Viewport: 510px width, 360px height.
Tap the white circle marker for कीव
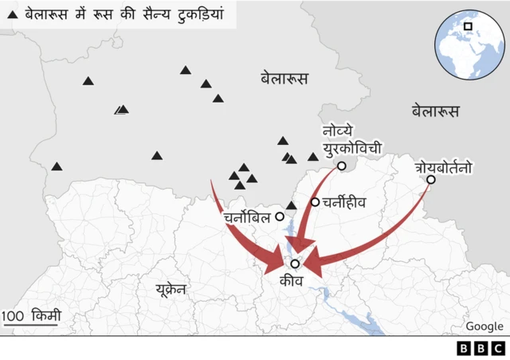point(295,264)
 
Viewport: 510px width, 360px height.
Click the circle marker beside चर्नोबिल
point(280,217)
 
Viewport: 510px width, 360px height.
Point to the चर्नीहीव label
point(343,202)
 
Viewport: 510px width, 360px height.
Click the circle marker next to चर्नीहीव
point(316,202)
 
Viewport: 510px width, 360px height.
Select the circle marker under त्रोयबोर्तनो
point(431,180)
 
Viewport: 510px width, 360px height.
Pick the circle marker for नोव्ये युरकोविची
point(342,166)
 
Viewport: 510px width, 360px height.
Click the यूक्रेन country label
point(171,288)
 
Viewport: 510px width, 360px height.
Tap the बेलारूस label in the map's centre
point(284,78)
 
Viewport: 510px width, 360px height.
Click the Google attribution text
point(484,326)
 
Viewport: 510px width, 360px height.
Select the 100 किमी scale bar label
point(31,316)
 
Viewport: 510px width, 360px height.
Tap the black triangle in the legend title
point(11,14)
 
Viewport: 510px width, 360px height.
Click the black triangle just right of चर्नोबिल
point(292,205)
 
